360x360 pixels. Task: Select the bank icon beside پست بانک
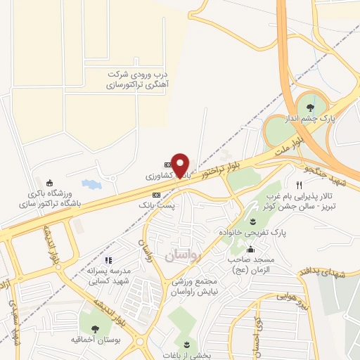156,194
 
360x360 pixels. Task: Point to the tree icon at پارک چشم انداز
310,107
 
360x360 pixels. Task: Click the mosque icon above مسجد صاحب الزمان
250,249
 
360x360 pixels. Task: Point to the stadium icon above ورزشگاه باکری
49,184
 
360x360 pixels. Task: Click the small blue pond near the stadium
91,184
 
